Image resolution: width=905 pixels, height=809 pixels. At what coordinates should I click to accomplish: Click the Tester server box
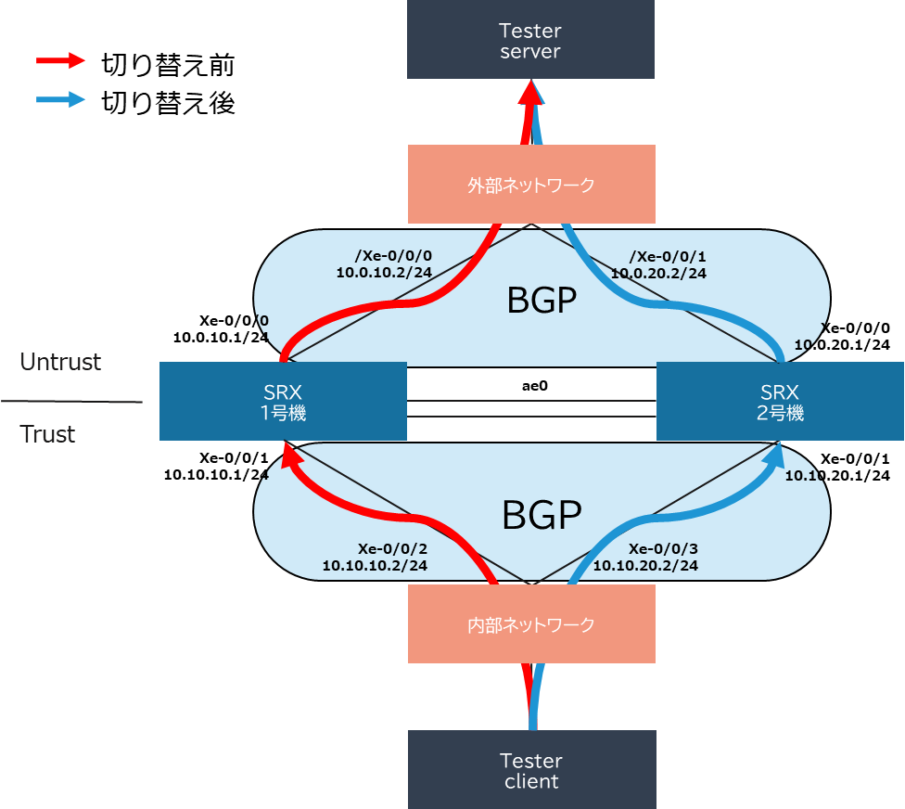[x=530, y=40]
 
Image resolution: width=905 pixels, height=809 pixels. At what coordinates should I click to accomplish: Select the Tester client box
[x=531, y=769]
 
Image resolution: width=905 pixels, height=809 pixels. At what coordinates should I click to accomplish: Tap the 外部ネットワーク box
[x=531, y=185]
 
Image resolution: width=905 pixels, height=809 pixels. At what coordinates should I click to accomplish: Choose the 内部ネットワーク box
[x=531, y=624]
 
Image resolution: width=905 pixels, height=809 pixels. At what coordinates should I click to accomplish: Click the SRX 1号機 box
[x=283, y=401]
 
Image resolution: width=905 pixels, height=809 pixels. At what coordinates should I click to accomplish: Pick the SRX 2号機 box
[x=780, y=401]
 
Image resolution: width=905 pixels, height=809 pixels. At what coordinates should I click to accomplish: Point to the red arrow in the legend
[x=60, y=60]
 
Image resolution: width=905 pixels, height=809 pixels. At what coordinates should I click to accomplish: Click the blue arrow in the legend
[x=60, y=99]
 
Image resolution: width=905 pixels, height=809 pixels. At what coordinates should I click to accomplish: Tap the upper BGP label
[x=542, y=301]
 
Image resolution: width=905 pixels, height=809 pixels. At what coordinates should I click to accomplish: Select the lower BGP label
[x=542, y=516]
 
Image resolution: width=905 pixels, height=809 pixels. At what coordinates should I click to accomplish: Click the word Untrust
[x=61, y=362]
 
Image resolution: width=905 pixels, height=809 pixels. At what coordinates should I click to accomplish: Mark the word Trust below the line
[x=48, y=433]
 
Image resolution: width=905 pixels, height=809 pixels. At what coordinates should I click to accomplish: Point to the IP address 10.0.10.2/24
[x=384, y=273]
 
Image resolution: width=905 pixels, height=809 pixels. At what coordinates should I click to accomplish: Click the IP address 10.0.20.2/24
[x=658, y=273]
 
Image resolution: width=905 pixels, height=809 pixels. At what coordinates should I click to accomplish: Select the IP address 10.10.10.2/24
[x=375, y=565]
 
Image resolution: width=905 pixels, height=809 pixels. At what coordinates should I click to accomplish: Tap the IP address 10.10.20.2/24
[x=645, y=565]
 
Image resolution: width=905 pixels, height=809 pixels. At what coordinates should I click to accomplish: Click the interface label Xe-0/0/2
[x=392, y=547]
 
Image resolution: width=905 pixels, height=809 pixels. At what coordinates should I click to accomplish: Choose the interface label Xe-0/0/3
[x=663, y=547]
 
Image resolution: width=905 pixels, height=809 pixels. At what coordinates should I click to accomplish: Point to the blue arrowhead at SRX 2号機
[x=777, y=452]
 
